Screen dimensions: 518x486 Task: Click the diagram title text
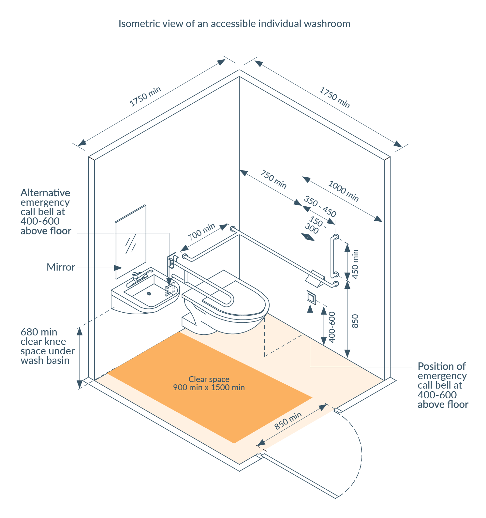[x=234, y=23]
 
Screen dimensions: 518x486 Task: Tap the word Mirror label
[x=61, y=267]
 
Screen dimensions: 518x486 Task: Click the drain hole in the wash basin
[x=149, y=293]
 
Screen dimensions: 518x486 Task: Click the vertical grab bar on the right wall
[x=332, y=256]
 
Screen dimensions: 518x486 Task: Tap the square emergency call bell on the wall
[x=311, y=297]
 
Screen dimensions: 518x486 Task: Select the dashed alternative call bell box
[x=170, y=289]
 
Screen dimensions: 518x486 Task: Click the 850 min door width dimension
[x=288, y=421]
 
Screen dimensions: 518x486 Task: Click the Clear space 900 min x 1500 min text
[x=209, y=383]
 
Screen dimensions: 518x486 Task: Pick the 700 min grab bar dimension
[x=202, y=232]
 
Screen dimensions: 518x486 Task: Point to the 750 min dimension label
[x=273, y=179]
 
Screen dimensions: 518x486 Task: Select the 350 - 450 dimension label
[x=320, y=207]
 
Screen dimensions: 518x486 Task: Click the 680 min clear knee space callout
[x=47, y=346]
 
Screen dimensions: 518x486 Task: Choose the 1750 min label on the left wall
[x=145, y=96]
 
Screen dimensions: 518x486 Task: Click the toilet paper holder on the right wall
[x=315, y=278]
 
